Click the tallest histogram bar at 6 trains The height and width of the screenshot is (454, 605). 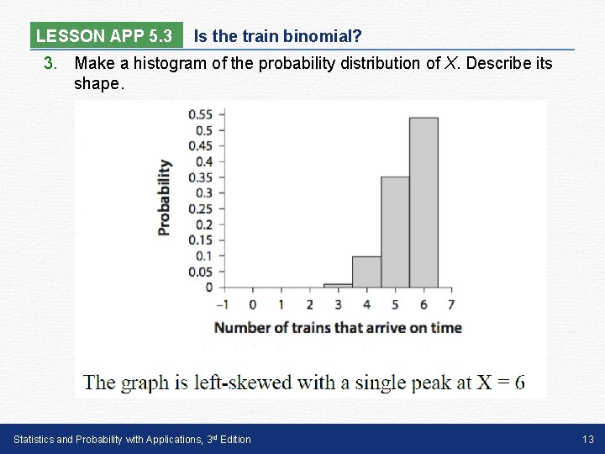pos(423,202)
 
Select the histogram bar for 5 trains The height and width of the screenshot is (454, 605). pos(395,231)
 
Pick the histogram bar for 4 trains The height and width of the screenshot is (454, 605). pos(366,272)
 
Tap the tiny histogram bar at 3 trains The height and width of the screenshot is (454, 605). pos(338,285)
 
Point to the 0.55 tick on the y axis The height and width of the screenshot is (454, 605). pos(201,114)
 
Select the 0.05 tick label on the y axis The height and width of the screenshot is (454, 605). pos(201,272)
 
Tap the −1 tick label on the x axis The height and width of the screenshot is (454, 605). pos(223,304)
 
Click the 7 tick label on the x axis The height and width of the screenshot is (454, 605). pos(452,304)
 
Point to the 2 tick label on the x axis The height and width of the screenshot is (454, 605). pos(309,304)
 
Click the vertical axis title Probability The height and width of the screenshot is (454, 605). pos(164,198)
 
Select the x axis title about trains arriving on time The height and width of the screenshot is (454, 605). pos(338,328)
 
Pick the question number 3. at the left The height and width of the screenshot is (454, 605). pos(51,63)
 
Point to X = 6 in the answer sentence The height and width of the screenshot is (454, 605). pos(501,383)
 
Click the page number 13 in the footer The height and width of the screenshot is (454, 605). pos(587,439)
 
